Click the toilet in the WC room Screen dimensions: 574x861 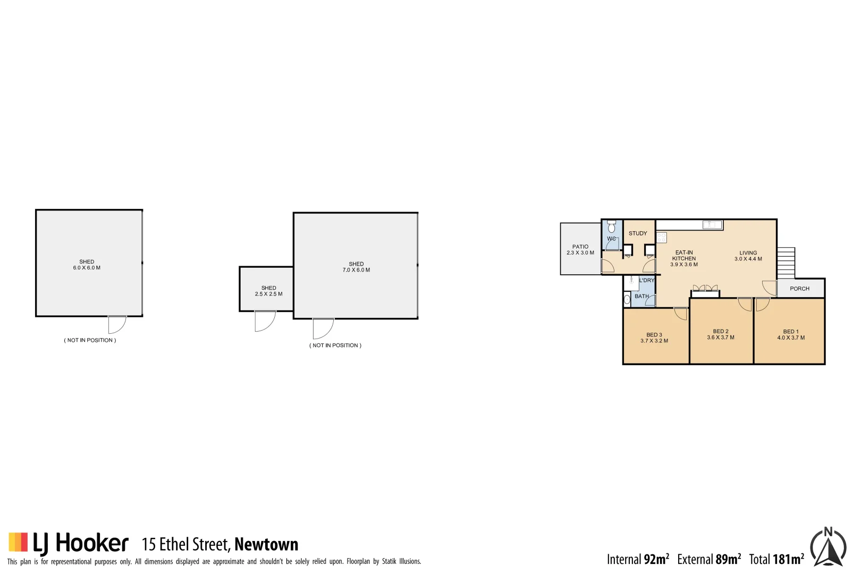[x=611, y=227]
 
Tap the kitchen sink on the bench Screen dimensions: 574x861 [x=712, y=225]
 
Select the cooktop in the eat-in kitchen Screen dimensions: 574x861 [x=662, y=238]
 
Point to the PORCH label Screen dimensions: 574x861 [x=799, y=289]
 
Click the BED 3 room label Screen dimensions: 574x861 [x=654, y=335]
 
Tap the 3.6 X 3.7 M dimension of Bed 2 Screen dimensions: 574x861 [x=720, y=337]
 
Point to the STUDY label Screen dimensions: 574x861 [x=638, y=233]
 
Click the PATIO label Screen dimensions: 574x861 [x=580, y=247]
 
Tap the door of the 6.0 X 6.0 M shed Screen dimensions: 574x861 [x=117, y=324]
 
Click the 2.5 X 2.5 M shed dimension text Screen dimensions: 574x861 [x=268, y=294]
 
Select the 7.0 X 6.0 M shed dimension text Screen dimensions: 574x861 [x=356, y=270]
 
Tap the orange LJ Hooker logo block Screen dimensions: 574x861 [x=18, y=542]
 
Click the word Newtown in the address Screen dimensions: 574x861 [x=266, y=544]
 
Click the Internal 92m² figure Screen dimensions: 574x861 [x=638, y=559]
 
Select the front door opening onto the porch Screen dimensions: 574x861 [x=769, y=288]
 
